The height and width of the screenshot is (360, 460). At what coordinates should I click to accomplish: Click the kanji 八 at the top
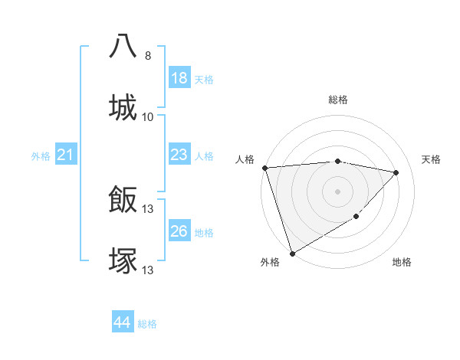point(123,46)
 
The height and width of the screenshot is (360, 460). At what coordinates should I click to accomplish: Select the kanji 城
point(123,106)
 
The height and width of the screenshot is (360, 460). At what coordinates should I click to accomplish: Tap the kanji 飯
point(123,200)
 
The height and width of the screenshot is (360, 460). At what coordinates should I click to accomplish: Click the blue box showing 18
point(179,78)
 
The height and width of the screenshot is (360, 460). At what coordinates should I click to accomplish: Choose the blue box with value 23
point(179,155)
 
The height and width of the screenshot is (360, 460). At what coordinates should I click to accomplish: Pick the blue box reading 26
point(179,231)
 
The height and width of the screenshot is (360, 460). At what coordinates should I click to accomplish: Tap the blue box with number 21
point(65,155)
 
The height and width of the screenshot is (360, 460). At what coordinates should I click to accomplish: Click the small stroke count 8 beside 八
point(148,56)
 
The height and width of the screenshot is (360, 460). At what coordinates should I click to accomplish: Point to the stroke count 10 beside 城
point(148,116)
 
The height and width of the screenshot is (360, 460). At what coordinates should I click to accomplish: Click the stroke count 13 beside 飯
point(148,209)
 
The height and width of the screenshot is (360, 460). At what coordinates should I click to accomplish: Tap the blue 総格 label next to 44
point(147,324)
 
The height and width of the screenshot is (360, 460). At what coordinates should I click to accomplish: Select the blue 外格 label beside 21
point(41,156)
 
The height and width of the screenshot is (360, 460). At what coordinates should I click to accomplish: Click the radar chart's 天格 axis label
point(432,159)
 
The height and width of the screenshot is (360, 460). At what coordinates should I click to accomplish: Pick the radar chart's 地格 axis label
point(402,263)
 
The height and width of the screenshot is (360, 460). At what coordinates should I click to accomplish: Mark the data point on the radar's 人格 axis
point(264,168)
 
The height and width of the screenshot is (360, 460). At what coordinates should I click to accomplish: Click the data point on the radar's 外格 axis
point(292,254)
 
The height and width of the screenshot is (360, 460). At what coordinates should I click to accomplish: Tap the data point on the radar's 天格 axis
point(396,172)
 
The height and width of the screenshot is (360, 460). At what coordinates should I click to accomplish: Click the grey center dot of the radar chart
point(337,191)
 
